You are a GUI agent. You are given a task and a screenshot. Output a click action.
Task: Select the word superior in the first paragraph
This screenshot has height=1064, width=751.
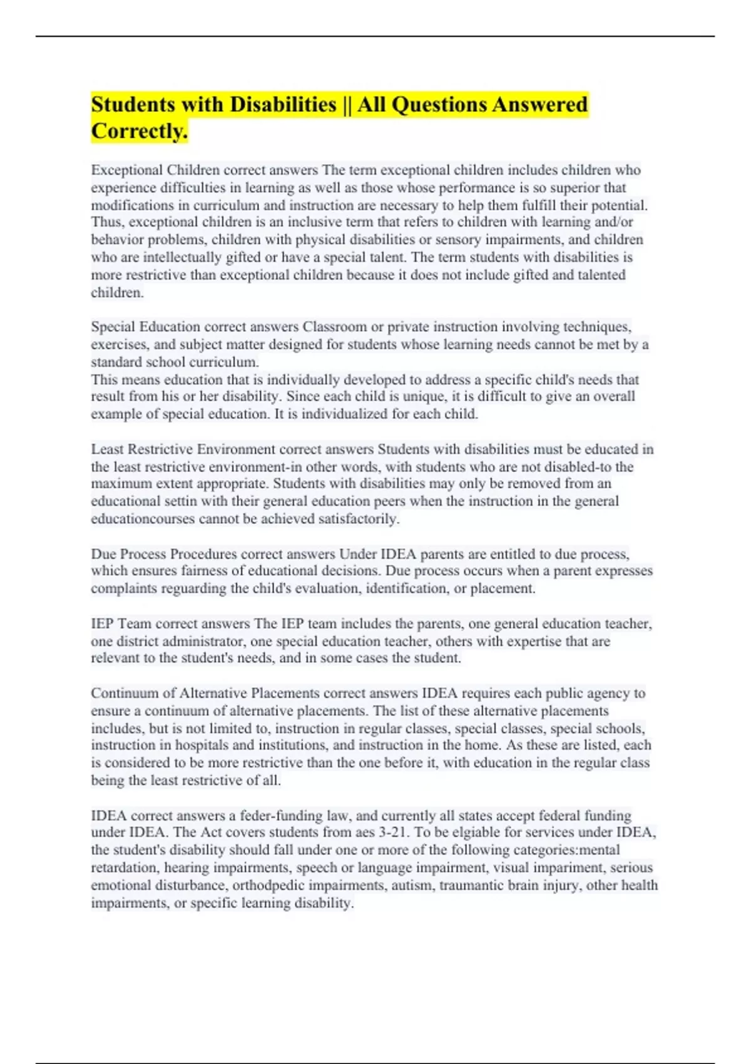[570, 188]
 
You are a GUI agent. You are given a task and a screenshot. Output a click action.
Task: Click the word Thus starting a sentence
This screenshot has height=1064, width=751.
[106, 222]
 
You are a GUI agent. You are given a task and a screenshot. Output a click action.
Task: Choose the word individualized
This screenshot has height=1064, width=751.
[339, 414]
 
